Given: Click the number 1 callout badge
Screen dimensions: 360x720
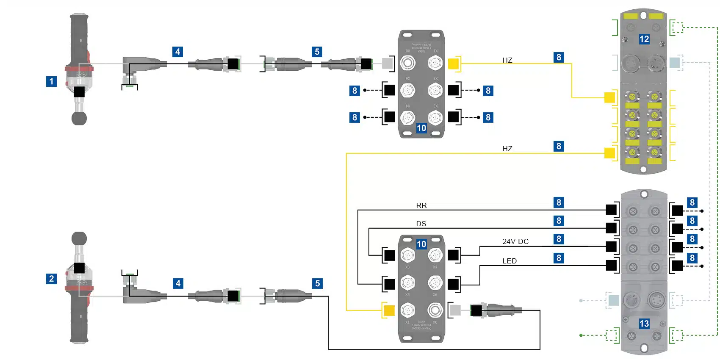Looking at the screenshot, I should tap(51, 81).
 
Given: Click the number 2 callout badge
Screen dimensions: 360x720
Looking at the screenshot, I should tap(51, 279).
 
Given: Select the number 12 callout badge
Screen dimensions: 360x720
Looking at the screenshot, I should tap(644, 39).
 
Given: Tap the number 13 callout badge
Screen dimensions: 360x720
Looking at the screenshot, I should tap(644, 324).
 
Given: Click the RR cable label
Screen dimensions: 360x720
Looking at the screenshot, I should tap(421, 205).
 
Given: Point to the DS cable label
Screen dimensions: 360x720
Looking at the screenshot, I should tap(421, 224).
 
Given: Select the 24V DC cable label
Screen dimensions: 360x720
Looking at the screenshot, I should tap(515, 241).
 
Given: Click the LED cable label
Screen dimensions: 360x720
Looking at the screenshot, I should tap(510, 261).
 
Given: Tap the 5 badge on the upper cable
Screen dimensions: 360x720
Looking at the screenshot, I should tap(317, 52).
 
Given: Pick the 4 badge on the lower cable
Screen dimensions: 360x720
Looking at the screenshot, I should tap(178, 283).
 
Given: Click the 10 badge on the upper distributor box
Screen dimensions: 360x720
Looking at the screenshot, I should tap(421, 128).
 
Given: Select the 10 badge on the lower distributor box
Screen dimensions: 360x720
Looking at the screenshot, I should tap(421, 244).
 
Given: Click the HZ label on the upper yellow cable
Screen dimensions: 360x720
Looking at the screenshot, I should tap(507, 60).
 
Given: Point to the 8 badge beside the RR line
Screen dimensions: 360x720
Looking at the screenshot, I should tap(559, 202).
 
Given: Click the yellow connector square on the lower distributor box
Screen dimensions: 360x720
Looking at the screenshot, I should tap(389, 310).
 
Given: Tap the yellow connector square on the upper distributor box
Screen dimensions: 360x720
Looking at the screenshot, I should tap(453, 64).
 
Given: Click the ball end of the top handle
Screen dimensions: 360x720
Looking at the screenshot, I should tap(79, 118).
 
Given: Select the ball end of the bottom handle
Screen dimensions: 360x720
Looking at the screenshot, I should tap(79, 239).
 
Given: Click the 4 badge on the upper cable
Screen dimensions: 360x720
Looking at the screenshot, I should tap(178, 52).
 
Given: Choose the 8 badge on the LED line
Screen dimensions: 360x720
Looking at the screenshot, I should tap(559, 258).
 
